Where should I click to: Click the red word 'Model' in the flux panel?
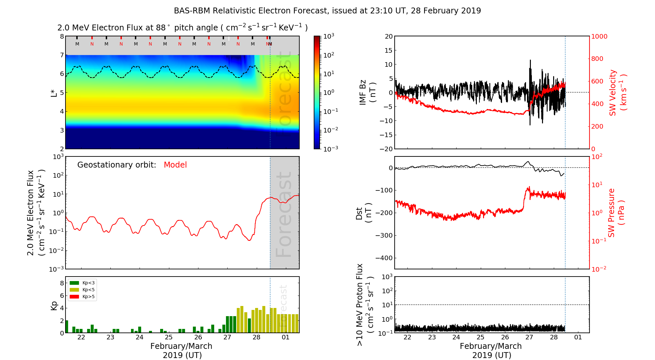[x=175, y=165]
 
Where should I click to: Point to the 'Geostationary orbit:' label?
[x=117, y=165]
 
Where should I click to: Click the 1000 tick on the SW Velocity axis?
[x=599, y=36]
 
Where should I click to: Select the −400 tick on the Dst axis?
[x=384, y=258]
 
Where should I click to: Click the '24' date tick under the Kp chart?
[x=140, y=337]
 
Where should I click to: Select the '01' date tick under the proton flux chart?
[x=578, y=337]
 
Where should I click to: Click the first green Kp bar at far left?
[x=67, y=327]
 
